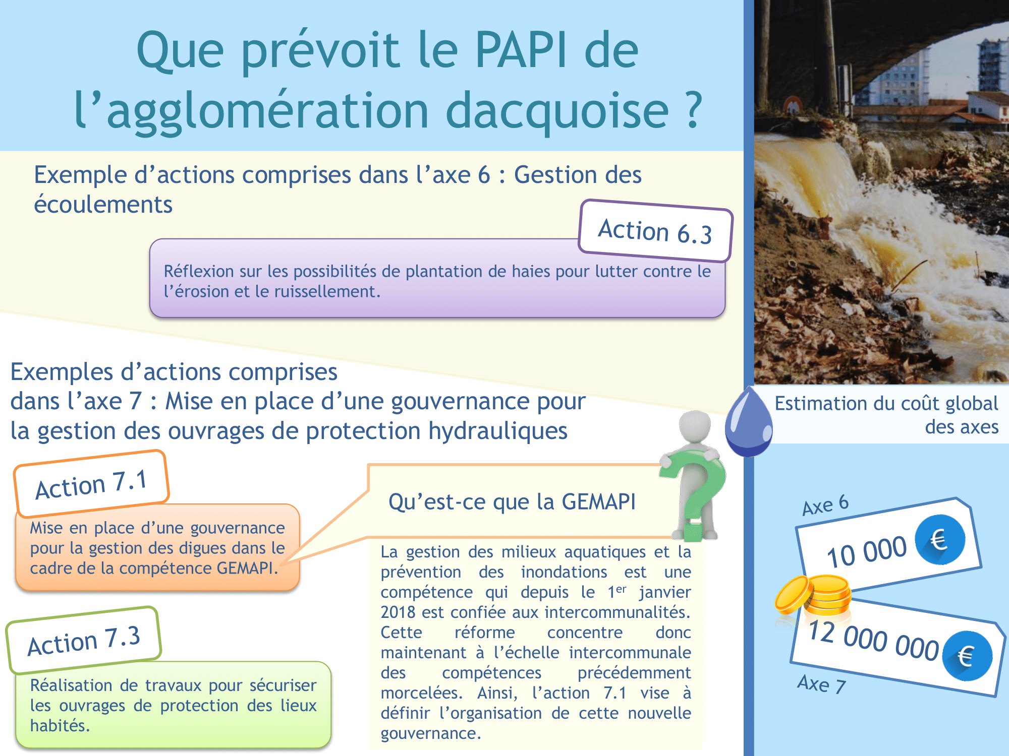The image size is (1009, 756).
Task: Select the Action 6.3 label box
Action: (655, 231)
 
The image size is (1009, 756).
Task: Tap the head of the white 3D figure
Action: (695, 426)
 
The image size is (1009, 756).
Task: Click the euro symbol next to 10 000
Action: (939, 540)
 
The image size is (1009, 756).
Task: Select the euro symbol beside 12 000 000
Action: (967, 656)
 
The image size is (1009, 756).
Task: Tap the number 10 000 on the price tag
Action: (867, 552)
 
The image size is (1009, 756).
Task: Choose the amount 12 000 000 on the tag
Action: (873, 639)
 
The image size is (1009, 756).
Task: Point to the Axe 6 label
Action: (826, 505)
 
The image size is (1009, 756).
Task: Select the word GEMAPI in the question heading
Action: (598, 502)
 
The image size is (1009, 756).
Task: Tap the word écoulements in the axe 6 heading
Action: (103, 205)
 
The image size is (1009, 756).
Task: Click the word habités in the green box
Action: (60, 726)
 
